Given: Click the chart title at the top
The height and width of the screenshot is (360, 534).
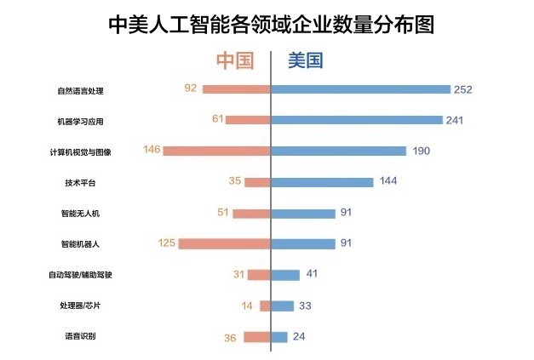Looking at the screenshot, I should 272,25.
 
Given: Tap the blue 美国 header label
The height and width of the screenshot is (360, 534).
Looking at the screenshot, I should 305,61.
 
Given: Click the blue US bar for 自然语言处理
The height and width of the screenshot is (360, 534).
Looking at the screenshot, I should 360,89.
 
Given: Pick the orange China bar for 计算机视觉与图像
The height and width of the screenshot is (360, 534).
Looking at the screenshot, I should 216,151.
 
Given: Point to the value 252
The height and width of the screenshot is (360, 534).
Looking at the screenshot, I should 463,89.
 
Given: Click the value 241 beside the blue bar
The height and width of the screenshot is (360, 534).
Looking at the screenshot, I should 454,120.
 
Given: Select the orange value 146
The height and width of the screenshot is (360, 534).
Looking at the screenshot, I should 152,151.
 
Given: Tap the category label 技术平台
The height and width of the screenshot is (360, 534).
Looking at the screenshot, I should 80,182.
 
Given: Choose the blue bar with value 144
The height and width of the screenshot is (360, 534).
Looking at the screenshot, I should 322,182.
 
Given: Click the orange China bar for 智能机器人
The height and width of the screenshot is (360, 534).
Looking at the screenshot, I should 224,244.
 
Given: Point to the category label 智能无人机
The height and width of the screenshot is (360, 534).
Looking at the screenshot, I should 80,214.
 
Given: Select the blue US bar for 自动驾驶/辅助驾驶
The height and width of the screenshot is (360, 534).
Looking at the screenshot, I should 285,275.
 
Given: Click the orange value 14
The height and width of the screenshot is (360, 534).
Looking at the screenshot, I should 248,306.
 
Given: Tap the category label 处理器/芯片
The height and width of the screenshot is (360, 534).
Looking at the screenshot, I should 80,306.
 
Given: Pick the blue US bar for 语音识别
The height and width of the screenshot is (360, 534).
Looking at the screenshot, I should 279,337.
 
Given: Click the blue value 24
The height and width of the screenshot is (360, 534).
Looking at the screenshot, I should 299,337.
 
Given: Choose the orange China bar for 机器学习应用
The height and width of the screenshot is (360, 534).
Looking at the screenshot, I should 248,120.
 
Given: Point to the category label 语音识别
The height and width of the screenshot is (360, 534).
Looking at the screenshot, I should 80,337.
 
